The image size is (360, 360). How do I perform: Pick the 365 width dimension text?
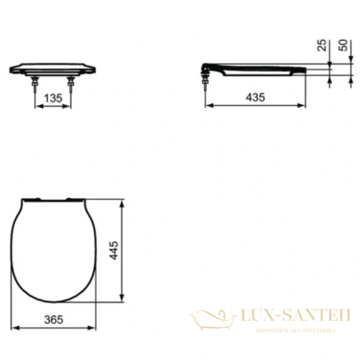tap(54, 319)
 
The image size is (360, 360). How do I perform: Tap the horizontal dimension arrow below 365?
tap(54, 328)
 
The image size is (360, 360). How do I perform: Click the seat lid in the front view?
tap(55, 67)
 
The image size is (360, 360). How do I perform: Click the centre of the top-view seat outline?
tap(55, 248)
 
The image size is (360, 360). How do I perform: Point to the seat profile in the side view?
tap(258, 67)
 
